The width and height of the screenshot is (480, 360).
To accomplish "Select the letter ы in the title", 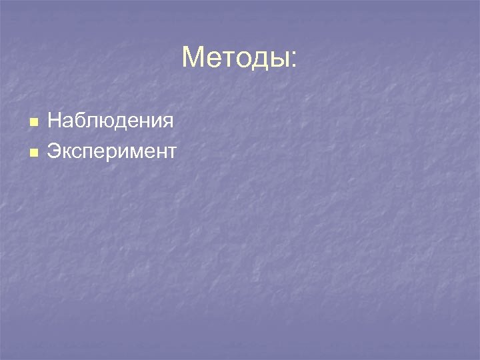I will [x=279, y=61].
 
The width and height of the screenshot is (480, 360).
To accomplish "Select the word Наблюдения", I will [x=111, y=121].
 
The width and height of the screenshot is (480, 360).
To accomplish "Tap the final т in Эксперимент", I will [x=171, y=152].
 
